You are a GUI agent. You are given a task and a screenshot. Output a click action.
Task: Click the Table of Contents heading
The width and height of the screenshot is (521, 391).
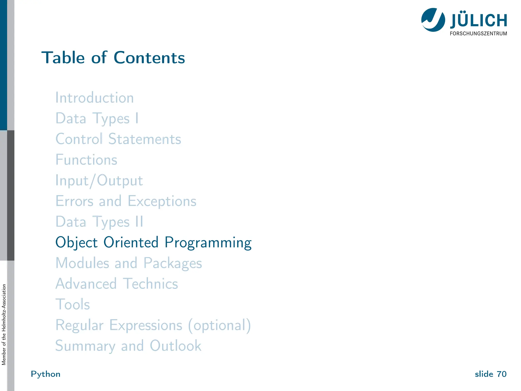113,58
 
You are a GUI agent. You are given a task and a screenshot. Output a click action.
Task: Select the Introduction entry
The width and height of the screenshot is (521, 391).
95,98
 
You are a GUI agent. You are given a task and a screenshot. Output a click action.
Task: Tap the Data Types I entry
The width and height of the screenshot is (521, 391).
97,119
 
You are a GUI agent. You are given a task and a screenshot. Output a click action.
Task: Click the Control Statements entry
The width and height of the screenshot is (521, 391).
118,139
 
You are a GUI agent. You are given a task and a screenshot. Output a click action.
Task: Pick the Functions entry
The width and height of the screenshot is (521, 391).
86,160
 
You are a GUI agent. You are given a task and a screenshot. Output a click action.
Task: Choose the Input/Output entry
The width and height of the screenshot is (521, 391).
99,181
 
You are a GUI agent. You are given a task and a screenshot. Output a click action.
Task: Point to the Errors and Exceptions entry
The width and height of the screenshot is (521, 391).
126,201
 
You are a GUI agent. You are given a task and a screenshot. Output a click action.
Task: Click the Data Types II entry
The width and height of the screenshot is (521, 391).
99,222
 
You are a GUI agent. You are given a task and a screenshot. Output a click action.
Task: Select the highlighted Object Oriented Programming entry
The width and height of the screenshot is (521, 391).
153,243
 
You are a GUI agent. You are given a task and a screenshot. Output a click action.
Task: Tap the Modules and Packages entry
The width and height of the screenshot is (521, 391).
129,263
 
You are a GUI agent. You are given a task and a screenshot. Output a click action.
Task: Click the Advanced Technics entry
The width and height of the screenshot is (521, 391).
117,284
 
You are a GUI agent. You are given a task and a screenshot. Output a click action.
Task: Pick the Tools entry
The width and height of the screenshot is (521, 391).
73,304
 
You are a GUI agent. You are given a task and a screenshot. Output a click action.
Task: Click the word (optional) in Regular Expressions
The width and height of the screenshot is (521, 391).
220,325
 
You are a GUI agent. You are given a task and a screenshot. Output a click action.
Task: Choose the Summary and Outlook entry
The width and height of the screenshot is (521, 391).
128,346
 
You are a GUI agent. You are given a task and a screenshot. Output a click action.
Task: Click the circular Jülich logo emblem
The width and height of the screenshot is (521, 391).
433,20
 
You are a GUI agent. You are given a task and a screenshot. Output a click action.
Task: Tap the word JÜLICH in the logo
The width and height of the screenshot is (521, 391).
479,21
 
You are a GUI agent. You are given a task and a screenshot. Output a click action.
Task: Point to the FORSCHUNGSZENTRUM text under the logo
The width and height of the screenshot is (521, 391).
478,34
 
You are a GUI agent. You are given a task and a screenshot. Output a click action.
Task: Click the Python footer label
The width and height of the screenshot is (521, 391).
46,374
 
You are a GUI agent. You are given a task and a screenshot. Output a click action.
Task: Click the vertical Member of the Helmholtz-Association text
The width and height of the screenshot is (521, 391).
4,325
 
